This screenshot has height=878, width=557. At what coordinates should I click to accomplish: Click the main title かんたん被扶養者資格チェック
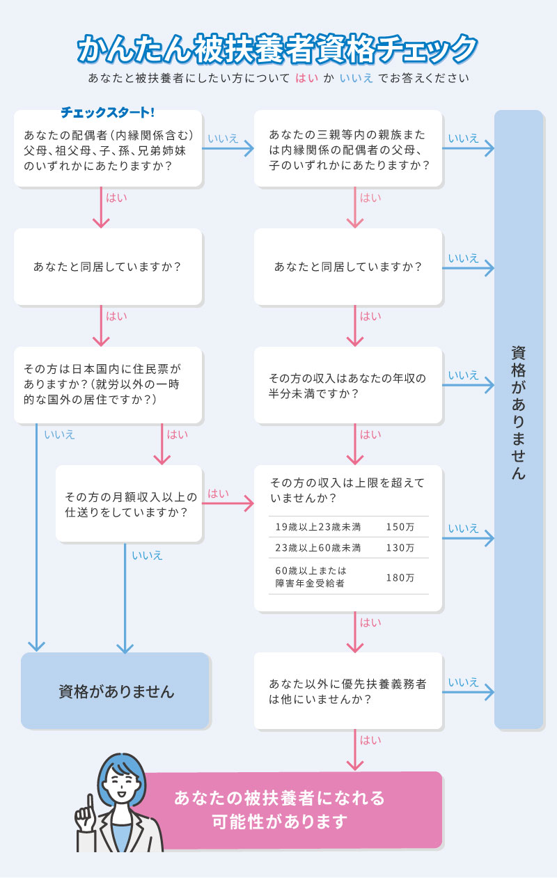click(x=278, y=48)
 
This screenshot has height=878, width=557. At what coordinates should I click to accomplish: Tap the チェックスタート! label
click(x=107, y=112)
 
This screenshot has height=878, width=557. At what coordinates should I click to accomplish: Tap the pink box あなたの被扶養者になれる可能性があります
click(x=292, y=810)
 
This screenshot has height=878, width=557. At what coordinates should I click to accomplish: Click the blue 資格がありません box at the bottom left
click(x=116, y=691)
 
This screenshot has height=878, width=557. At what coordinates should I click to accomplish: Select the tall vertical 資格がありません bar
click(x=518, y=418)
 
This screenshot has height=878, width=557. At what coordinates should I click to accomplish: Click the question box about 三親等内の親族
click(x=348, y=149)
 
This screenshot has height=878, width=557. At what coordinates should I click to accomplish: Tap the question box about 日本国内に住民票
click(x=108, y=384)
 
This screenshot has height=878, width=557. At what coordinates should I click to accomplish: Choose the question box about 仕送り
click(x=130, y=504)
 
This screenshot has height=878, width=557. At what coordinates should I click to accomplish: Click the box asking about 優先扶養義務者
click(x=348, y=691)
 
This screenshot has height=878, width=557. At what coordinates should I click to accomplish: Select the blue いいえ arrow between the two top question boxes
click(x=228, y=148)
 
